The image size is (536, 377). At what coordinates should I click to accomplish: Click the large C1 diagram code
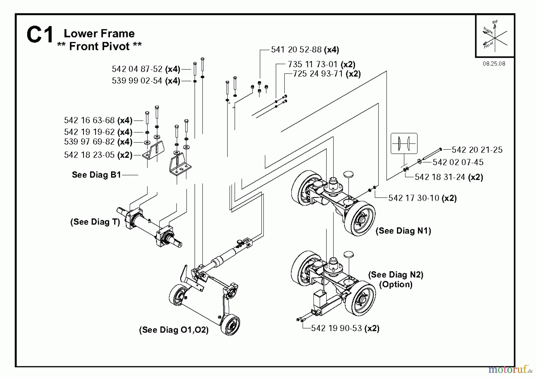pos(40,35)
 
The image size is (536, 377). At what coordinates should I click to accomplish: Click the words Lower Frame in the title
pos(99,33)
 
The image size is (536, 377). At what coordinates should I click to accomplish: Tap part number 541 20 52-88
pos(296,49)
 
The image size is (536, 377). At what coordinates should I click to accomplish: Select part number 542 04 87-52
pos(137,69)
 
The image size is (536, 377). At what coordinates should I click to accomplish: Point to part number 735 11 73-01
pos(313,64)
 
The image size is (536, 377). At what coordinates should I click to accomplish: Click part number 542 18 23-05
pos(89,155)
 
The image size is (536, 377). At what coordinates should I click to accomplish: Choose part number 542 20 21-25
pos(477,150)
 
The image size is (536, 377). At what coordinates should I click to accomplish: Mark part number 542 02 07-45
pos(458,162)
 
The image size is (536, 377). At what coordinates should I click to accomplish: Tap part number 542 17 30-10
pos(414,198)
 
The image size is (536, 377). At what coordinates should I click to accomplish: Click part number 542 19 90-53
pos(336,328)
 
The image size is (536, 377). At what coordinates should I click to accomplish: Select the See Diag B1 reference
pos(96,175)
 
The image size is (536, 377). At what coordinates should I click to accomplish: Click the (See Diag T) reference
pos(95,222)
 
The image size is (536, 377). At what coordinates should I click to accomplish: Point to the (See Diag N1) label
pos(403,231)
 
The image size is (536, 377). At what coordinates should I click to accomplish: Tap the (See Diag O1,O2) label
pos(174,330)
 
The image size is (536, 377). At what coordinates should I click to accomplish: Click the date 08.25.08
pos(494,64)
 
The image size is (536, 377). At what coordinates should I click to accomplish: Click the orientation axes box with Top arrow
pos(495,36)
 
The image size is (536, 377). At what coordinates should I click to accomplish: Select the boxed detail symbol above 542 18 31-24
pos(404,143)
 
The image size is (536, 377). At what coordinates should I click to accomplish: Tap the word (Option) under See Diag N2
pos(395,284)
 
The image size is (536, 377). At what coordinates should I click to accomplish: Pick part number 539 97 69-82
pos(89,142)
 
